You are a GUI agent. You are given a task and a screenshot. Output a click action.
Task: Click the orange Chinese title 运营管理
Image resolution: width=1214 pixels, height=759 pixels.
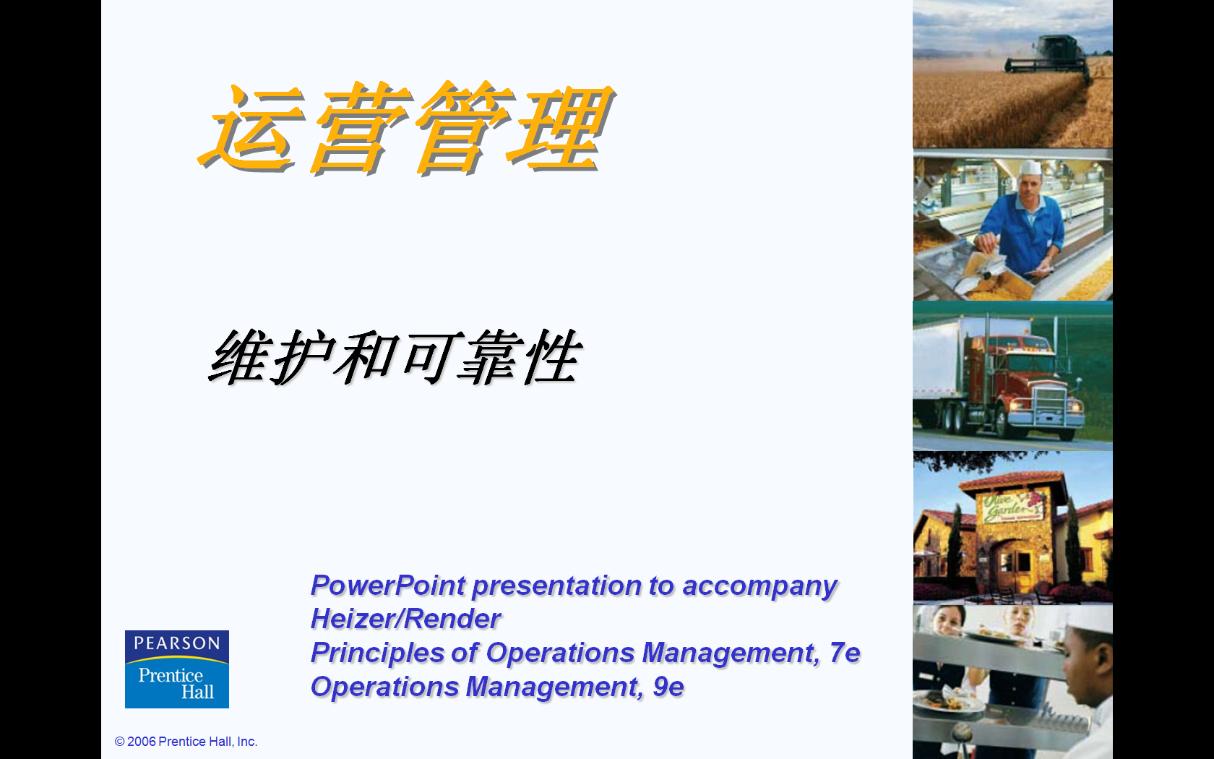pyautogui.click(x=406, y=128)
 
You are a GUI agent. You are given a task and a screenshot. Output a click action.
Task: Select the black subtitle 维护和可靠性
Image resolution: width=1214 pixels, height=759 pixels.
pyautogui.click(x=396, y=358)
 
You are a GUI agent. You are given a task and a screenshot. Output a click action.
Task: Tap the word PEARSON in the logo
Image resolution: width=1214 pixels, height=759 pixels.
pyautogui.click(x=176, y=643)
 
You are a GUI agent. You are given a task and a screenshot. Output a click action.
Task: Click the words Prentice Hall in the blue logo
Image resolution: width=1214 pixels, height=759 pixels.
pyautogui.click(x=176, y=683)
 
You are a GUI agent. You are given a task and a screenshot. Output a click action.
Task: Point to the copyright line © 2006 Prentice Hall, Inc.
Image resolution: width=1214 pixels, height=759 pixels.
pyautogui.click(x=186, y=741)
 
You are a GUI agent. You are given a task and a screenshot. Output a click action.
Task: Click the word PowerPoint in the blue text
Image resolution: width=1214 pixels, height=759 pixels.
pyautogui.click(x=388, y=586)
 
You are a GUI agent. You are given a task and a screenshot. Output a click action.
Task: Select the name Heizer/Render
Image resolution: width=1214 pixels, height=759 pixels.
pyautogui.click(x=406, y=619)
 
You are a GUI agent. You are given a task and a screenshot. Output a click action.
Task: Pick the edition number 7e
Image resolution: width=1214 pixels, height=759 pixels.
pyautogui.click(x=845, y=653)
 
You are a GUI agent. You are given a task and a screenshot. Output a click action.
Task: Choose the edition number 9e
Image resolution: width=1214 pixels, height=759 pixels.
pyautogui.click(x=668, y=687)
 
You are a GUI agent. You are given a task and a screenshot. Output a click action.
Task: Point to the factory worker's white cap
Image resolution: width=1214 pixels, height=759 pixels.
pyautogui.click(x=1030, y=168)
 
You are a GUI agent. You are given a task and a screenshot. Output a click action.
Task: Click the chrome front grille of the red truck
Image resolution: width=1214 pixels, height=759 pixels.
pyautogui.click(x=1050, y=405)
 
